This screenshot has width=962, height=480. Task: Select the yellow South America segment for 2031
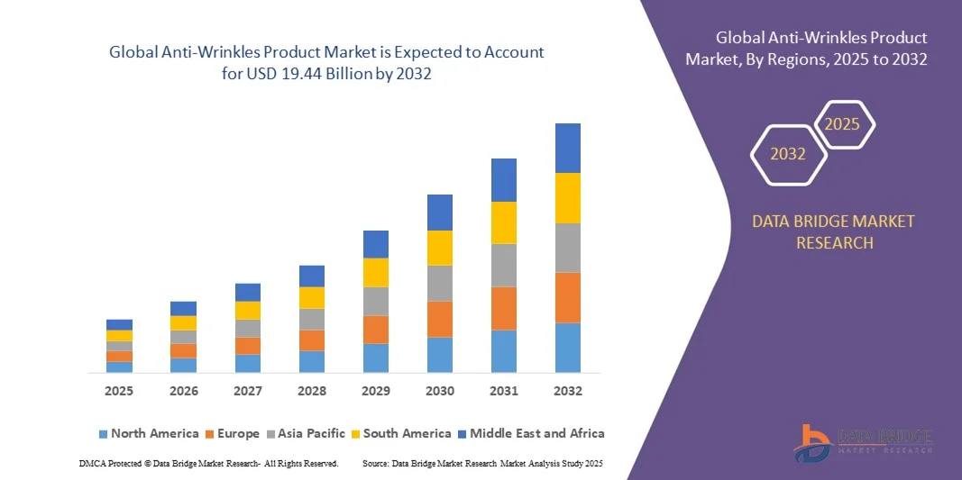point(503,222)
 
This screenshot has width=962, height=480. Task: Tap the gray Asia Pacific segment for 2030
point(439,283)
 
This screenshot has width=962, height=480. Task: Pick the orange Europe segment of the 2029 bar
point(375,330)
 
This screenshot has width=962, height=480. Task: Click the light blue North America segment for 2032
point(567,348)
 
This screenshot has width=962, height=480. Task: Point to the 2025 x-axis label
point(119,391)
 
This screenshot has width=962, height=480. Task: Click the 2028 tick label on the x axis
point(311,391)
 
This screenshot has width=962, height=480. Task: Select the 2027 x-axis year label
point(247,391)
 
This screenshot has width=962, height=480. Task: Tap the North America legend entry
point(148,433)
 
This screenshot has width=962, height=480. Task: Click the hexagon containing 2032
point(788,154)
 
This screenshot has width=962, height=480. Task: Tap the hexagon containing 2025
point(843,124)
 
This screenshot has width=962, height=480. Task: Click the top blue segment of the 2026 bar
point(183,308)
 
